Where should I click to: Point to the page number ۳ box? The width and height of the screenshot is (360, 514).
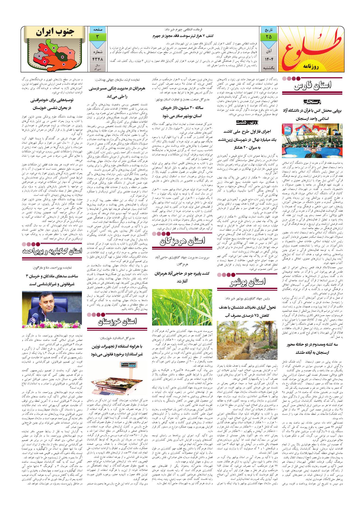(97, 36)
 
